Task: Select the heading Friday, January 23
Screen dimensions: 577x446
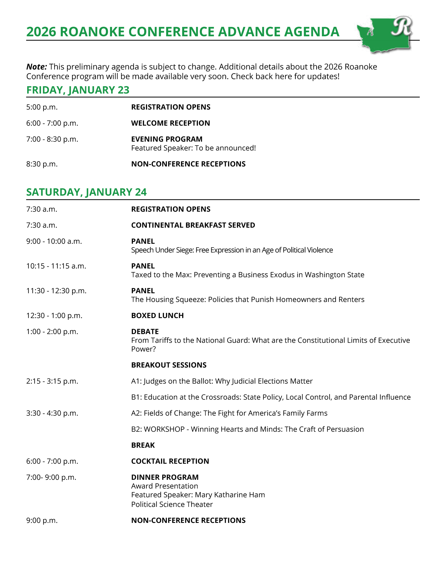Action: [78, 90]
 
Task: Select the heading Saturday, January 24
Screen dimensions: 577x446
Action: [86, 192]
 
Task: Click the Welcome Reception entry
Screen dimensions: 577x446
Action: [170, 123]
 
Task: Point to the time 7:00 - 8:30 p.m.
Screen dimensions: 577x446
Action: [52, 139]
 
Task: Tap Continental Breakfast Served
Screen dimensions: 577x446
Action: [193, 225]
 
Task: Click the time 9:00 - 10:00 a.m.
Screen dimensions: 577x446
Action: [54, 241]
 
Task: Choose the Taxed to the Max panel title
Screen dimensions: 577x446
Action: [247, 275]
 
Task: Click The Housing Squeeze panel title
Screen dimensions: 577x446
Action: [247, 299]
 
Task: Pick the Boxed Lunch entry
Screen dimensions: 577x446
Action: [157, 316]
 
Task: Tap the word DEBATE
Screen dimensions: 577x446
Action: [145, 332]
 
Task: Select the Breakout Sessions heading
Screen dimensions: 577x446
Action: [169, 365]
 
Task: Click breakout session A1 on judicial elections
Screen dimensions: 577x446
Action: [222, 381]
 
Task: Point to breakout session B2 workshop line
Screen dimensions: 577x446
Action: [247, 429]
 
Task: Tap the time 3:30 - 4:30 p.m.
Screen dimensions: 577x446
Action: [52, 413]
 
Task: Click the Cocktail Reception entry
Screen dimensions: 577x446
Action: [170, 461]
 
